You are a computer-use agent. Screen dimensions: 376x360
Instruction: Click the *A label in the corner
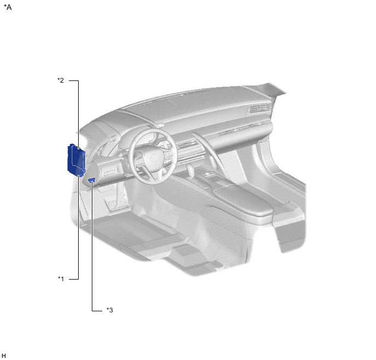pyautogui.click(x=8, y=8)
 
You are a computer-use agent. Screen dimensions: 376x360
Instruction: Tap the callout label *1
pyautogui.click(x=61, y=278)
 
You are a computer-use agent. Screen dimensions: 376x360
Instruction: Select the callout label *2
pyautogui.click(x=61, y=80)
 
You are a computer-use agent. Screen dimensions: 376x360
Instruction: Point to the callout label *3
pyautogui.click(x=110, y=310)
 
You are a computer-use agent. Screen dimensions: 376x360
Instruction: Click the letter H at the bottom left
pyautogui.click(x=4, y=356)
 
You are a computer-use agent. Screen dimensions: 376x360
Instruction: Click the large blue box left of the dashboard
pyautogui.click(x=77, y=159)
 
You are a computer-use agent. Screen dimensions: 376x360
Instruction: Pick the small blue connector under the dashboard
pyautogui.click(x=92, y=180)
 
